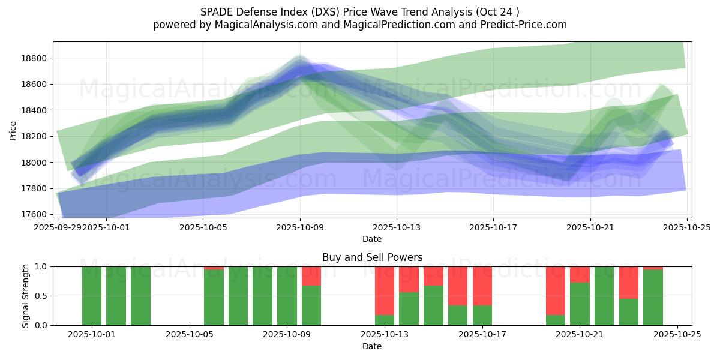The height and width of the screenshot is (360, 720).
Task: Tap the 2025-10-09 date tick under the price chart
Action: [x=300, y=228]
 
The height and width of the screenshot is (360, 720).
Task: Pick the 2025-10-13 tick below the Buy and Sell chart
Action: [x=385, y=335]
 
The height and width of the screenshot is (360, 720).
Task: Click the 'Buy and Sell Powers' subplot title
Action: [x=372, y=257]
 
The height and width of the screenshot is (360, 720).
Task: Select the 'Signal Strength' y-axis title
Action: [x=25, y=296]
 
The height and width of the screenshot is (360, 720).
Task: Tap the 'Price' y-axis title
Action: [x=13, y=130]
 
